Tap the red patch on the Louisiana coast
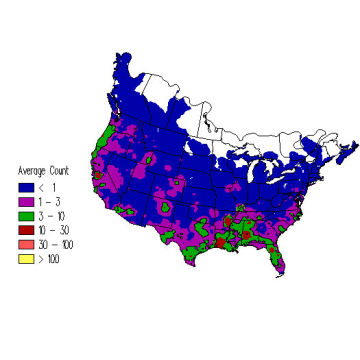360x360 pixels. click(x=221, y=243)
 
